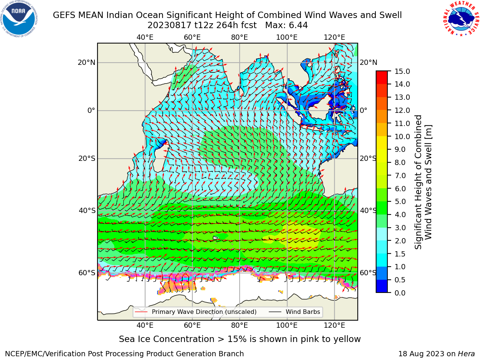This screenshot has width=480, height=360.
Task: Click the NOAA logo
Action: tap(19, 19)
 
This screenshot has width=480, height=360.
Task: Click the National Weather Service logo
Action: tap(461, 19)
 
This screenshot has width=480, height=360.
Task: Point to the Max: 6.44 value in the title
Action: tap(286, 25)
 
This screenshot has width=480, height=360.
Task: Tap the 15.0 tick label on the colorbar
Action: tap(402, 71)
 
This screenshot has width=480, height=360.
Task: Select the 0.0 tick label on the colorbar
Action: tap(400, 293)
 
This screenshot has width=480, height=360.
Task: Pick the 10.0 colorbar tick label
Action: tap(402, 136)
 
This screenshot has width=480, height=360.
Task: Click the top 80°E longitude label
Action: tap(240, 37)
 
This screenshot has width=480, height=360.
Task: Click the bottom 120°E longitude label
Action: tap(334, 325)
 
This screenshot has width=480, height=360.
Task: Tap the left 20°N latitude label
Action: tap(87, 63)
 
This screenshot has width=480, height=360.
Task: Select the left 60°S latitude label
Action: tap(87, 273)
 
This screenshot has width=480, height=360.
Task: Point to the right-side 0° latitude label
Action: tap(363, 110)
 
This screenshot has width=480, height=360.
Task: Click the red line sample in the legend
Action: tap(141, 312)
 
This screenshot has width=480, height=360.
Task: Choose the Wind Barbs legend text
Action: tap(303, 312)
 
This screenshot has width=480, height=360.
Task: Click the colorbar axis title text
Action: tap(423, 182)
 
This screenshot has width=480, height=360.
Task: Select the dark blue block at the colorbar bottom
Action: tap(382, 286)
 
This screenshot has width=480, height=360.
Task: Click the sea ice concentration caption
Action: tap(240, 339)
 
